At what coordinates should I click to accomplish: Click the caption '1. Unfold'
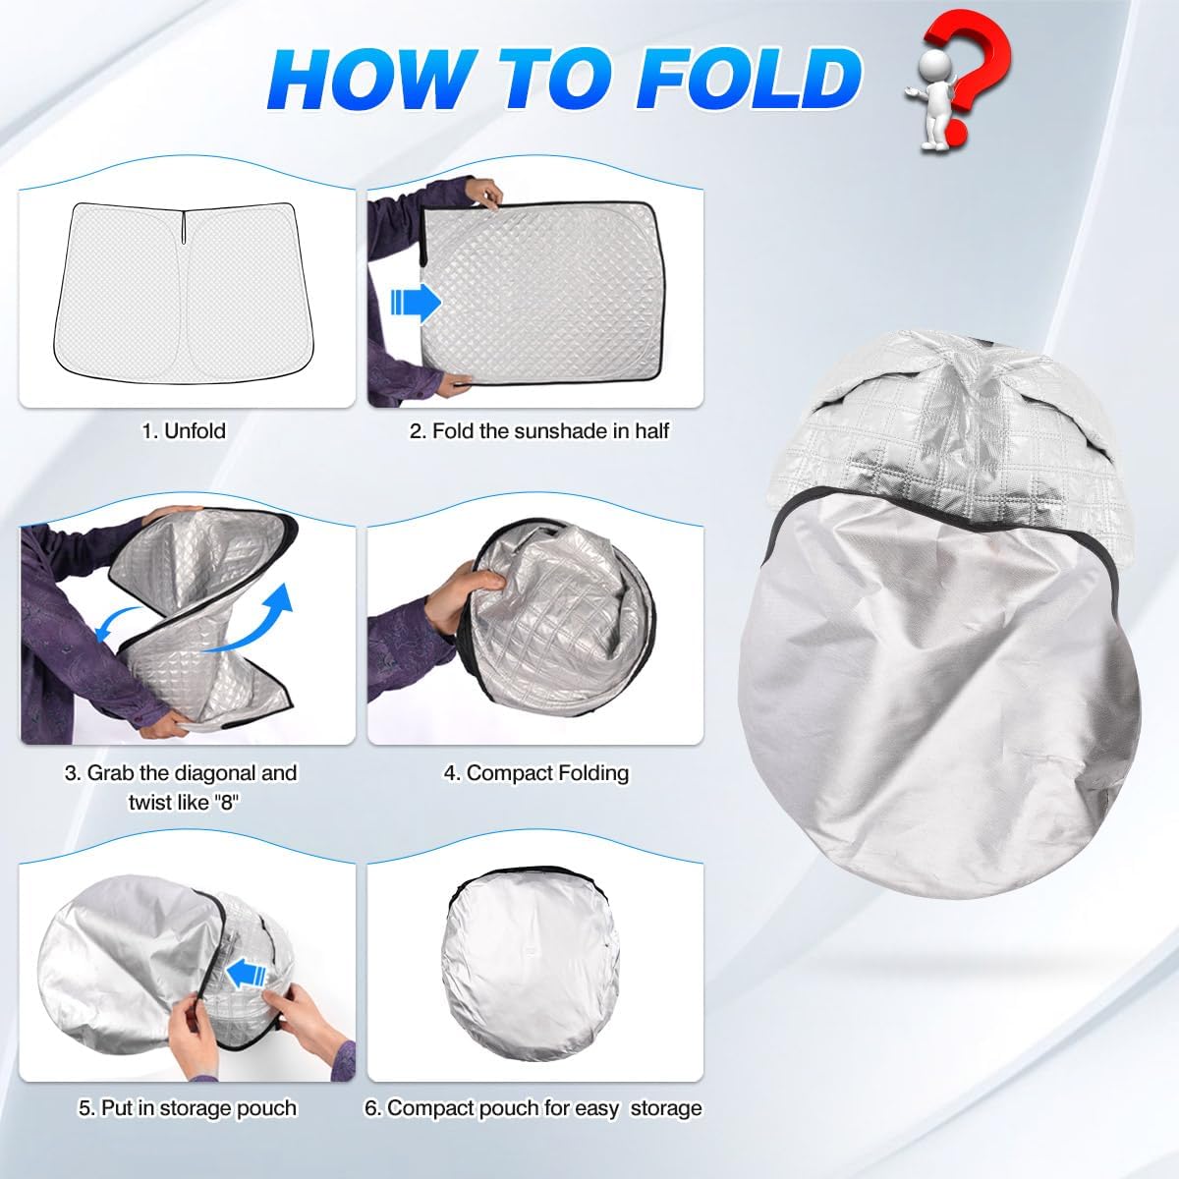(x=184, y=430)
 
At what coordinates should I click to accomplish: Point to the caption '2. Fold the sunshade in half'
(x=538, y=430)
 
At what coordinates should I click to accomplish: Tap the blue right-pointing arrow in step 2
(x=415, y=303)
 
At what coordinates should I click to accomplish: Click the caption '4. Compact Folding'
(x=535, y=773)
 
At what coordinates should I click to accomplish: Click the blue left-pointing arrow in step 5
(x=247, y=976)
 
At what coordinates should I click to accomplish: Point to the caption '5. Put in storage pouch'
(x=187, y=1108)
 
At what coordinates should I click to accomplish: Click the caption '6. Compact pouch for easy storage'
(x=533, y=1108)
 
